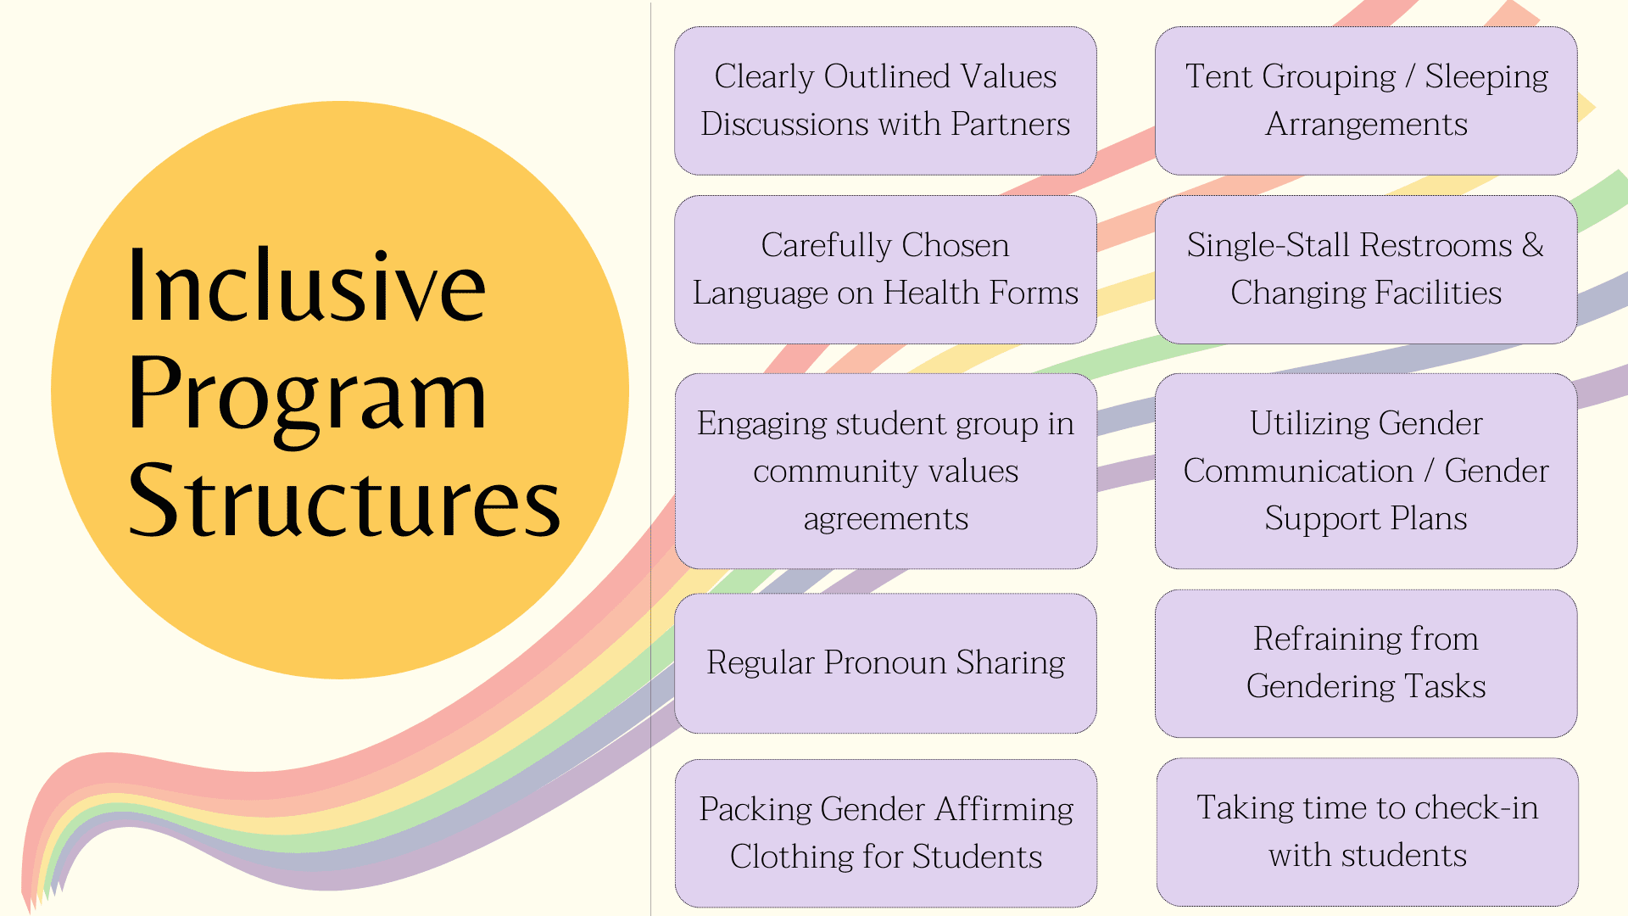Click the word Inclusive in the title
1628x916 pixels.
(x=307, y=287)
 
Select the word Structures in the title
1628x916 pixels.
(x=344, y=502)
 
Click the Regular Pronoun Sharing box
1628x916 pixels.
(x=885, y=663)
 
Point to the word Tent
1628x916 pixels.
(x=1218, y=77)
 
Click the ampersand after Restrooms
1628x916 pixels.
(x=1533, y=245)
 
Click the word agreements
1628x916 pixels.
(x=885, y=519)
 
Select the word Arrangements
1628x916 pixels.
(x=1366, y=125)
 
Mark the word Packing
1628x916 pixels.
(x=755, y=809)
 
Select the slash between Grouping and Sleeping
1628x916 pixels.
(x=1410, y=77)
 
